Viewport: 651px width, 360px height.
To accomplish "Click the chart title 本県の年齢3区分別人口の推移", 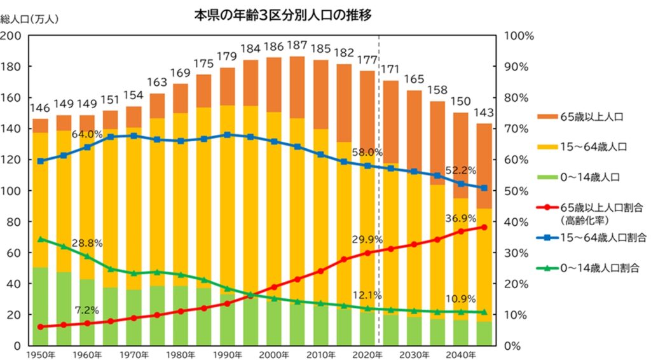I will click(282, 15).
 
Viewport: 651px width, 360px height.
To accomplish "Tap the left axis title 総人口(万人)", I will click(29, 19).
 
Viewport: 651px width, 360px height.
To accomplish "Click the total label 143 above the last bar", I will click(484, 113).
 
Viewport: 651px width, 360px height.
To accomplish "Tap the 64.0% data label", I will click(86, 134).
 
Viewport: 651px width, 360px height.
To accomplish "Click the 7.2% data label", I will click(86, 310).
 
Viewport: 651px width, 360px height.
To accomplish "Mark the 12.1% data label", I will click(366, 295).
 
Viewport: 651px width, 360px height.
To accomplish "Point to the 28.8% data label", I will click(86, 243).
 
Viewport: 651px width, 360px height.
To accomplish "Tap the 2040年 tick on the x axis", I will click(460, 354).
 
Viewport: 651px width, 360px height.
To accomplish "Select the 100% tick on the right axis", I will click(519, 36).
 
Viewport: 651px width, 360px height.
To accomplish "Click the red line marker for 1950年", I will click(41, 327).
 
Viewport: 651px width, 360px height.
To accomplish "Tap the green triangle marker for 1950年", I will click(41, 239).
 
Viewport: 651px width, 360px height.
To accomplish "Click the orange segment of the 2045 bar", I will click(484, 165).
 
